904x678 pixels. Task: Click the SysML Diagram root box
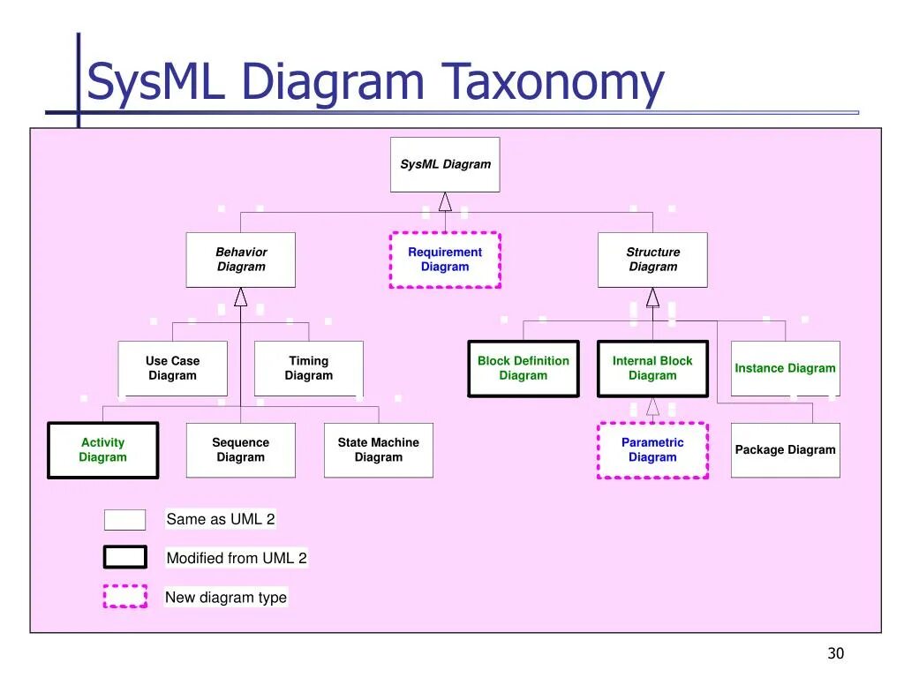click(445, 164)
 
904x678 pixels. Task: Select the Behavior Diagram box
click(241, 260)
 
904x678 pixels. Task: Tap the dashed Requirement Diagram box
click(445, 260)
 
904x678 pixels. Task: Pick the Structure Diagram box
click(652, 260)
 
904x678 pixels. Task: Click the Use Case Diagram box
click(173, 368)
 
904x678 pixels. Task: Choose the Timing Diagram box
click(309, 368)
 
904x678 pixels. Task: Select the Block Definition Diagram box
click(524, 368)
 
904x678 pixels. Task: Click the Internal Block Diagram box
click(652, 368)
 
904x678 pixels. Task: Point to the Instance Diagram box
click(785, 368)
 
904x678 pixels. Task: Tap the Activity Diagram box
click(103, 450)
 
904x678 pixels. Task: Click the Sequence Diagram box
click(241, 450)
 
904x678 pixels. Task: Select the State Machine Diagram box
click(379, 450)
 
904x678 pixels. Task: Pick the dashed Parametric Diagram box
click(652, 450)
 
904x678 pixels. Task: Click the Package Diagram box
click(785, 450)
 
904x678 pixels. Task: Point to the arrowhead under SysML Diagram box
click(445, 202)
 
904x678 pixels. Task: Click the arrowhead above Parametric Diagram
click(652, 406)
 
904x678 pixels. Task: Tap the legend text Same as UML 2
click(221, 519)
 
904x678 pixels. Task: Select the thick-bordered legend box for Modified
click(125, 557)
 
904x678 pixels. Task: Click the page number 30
click(835, 653)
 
